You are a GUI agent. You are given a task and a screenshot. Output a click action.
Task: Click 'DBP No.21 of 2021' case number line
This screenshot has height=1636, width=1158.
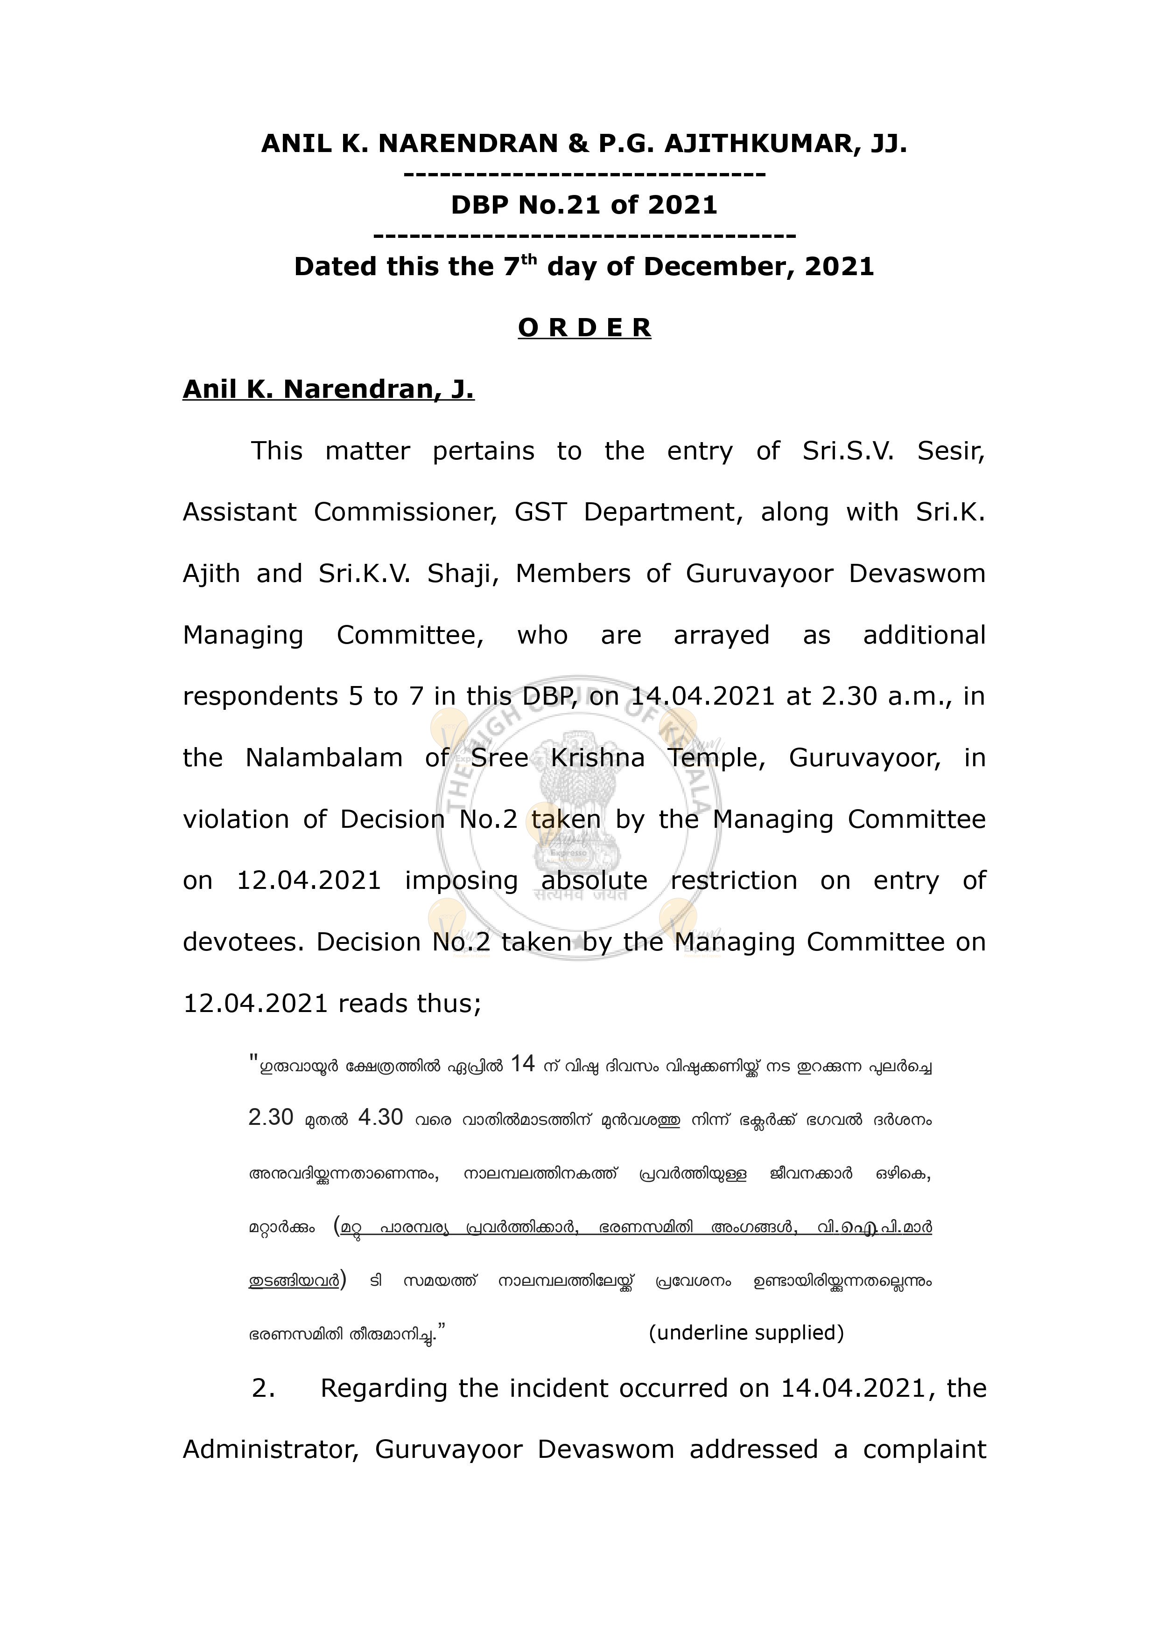click(584, 205)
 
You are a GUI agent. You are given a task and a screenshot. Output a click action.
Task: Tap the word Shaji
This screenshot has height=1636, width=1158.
click(462, 574)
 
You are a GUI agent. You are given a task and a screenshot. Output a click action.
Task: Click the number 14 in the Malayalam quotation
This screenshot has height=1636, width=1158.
click(523, 1064)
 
